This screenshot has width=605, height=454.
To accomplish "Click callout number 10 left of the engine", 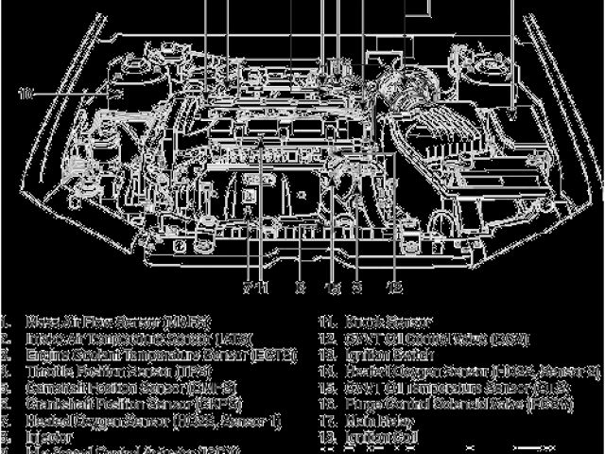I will point(26,94).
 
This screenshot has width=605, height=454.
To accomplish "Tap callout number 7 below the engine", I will point(248,286).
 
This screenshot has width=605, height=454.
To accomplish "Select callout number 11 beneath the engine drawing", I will point(264,286).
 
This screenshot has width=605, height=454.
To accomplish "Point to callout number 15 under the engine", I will point(332,286).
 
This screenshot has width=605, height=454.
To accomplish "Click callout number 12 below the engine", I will point(396,286).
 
